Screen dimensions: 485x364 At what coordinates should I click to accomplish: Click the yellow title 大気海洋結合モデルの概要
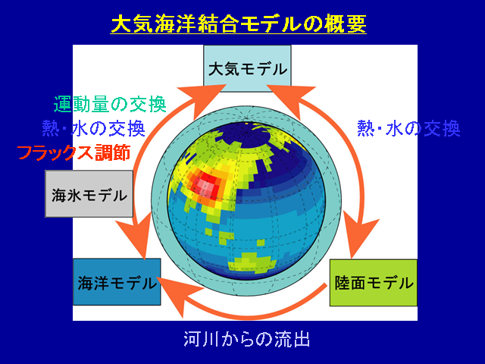pos(239,24)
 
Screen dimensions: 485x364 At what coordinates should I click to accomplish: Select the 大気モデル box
pos(247,68)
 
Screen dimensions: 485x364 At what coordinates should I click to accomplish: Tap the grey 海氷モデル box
pos(89,194)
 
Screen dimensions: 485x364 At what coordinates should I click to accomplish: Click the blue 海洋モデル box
pos(117,282)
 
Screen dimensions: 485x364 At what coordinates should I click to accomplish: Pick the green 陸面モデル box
pos(374,283)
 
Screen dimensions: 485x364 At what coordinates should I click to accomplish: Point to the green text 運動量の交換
pos(110,105)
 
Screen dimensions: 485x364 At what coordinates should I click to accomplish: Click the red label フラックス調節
pos(74,152)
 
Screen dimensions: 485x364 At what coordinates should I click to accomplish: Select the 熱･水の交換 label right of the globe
pos(408,128)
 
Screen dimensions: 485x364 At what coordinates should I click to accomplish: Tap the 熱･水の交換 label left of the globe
pos(94,128)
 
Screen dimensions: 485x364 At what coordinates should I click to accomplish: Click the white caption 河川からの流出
pos(246,339)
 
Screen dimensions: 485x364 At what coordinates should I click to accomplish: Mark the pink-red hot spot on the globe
pos(206,185)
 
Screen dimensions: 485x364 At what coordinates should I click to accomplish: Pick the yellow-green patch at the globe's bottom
pos(252,263)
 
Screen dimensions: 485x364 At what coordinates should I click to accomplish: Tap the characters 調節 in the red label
pos(113,152)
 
